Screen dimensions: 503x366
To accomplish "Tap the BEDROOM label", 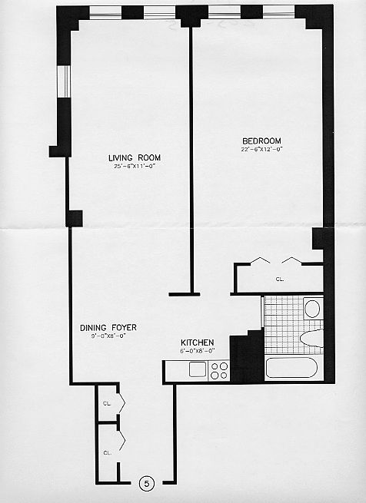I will click(261, 141).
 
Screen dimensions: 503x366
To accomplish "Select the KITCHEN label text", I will click(197, 343).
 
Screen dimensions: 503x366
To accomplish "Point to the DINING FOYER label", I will click(103, 327).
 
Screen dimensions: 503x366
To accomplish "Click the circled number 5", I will click(148, 484).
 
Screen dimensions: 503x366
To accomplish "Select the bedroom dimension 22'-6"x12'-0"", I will click(261, 149).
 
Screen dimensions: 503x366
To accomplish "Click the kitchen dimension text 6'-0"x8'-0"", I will click(197, 351).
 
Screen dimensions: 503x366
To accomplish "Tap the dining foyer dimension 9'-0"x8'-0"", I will click(103, 336).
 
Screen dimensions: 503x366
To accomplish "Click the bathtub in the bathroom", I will click(291, 367).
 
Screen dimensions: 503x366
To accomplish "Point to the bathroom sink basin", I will click(312, 309).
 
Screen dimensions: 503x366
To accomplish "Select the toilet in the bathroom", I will click(311, 337).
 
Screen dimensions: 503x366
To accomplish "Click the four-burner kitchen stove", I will click(219, 370).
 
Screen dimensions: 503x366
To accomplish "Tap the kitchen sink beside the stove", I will click(198, 369).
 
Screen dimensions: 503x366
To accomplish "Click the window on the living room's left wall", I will click(64, 81).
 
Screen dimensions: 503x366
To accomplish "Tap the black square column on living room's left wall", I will click(74, 218).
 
